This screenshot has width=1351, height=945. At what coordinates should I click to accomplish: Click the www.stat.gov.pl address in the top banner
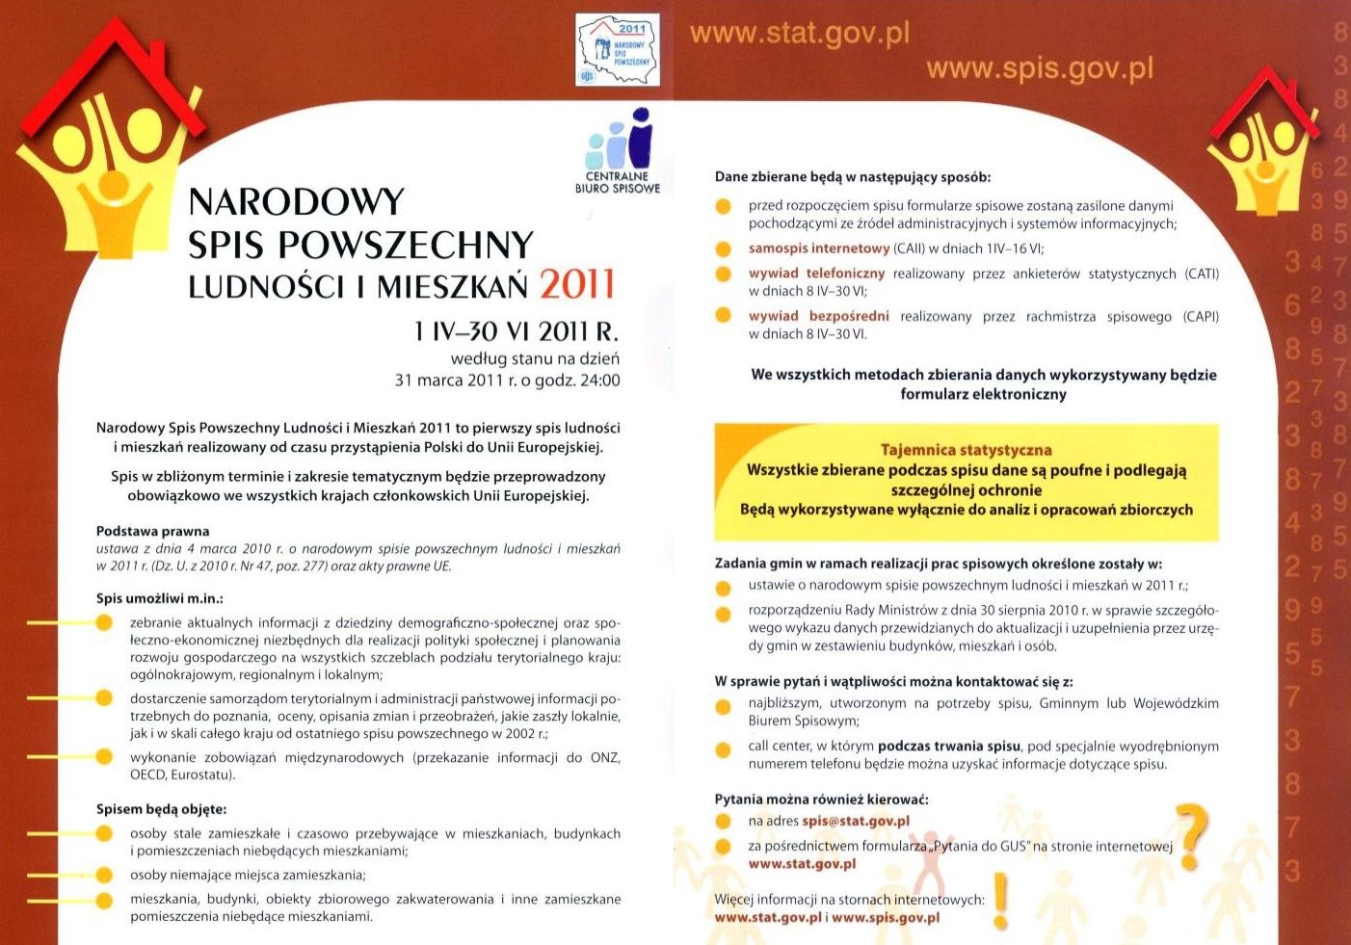point(799,35)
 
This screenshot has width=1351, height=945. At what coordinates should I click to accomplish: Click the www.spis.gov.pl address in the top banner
point(1039,69)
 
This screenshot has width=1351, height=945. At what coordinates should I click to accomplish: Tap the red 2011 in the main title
point(576,284)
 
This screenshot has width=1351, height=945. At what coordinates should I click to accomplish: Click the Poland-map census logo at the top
point(617,50)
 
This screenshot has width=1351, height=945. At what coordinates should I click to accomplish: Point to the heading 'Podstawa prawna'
point(152,531)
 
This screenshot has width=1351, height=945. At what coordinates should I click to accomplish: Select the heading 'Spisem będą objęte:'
point(161,809)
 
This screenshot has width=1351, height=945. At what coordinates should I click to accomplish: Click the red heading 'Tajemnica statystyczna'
point(966,450)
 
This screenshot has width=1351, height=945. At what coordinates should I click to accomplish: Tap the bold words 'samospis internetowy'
point(818,249)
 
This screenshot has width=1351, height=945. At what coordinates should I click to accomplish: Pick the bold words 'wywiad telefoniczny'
point(816,274)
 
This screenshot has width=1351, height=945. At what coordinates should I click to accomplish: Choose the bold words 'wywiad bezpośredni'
point(818,316)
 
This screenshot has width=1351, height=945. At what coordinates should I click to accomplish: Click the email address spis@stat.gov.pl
point(856,822)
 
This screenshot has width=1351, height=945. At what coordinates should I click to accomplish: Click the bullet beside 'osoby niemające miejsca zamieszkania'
point(104,876)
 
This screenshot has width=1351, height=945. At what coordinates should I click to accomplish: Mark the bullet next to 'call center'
point(724,749)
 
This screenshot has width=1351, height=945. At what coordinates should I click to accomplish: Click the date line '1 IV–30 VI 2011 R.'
point(516,331)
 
